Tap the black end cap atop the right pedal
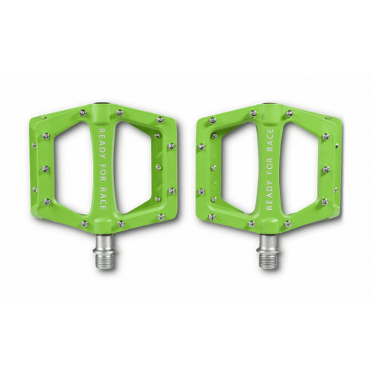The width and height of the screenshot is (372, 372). [x=269, y=106]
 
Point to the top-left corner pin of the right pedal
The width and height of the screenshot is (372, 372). [x=213, y=120]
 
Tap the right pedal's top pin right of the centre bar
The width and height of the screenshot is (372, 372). [x=289, y=114]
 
